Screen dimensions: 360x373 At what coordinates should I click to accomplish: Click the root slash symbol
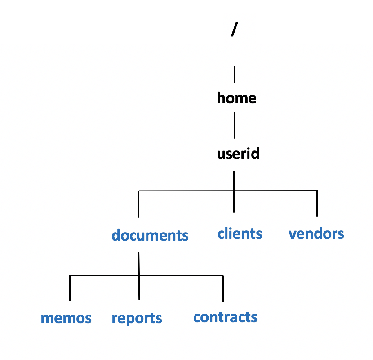pyautogui.click(x=233, y=29)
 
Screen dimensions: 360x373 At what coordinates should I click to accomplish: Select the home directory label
pyautogui.click(x=236, y=98)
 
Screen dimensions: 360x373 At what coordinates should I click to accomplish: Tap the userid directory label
pyautogui.click(x=238, y=154)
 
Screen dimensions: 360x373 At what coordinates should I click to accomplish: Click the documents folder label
pyautogui.click(x=150, y=235)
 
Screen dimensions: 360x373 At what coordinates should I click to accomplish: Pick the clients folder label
pyautogui.click(x=240, y=234)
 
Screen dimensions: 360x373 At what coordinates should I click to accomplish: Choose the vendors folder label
pyautogui.click(x=316, y=234)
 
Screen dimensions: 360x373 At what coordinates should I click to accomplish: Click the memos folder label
pyautogui.click(x=66, y=318)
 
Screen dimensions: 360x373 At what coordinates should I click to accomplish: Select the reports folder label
pyautogui.click(x=137, y=318)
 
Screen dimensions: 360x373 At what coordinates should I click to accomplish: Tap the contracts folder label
pyautogui.click(x=225, y=317)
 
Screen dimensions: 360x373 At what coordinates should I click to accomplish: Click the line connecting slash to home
pyautogui.click(x=235, y=74)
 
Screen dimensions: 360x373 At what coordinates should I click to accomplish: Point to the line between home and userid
pyautogui.click(x=235, y=126)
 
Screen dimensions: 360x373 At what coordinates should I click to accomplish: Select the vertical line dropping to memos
pyautogui.click(x=70, y=288)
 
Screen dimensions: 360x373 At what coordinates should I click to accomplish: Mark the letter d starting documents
pyautogui.click(x=116, y=235)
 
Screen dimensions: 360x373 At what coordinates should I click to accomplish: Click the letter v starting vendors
pyautogui.click(x=292, y=234)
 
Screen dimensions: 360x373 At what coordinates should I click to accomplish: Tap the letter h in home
pyautogui.click(x=221, y=98)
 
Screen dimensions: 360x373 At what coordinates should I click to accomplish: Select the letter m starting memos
pyautogui.click(x=46, y=319)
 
